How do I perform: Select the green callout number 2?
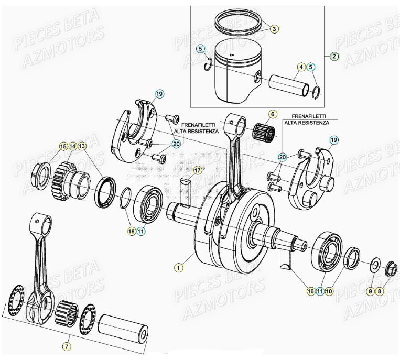tap(335, 56)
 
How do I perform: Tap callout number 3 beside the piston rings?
tap(275, 29)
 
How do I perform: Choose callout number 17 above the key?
tap(197, 170)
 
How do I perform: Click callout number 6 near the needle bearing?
tap(272, 114)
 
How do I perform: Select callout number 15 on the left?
tap(63, 147)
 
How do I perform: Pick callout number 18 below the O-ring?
tap(131, 231)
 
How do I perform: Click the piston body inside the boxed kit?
tap(235, 73)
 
